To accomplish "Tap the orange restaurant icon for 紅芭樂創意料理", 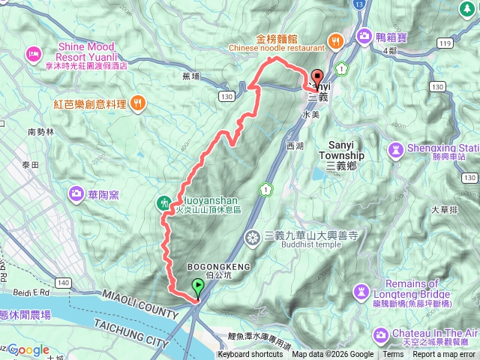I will [137, 103].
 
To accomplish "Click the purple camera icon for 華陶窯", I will [77, 195].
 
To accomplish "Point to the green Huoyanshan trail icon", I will [164, 202].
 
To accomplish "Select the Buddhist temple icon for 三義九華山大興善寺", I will [253, 238].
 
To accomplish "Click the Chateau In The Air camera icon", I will [382, 333].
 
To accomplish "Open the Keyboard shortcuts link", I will [250, 355].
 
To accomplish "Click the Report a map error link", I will [443, 355].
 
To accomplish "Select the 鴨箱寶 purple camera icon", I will [365, 35].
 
